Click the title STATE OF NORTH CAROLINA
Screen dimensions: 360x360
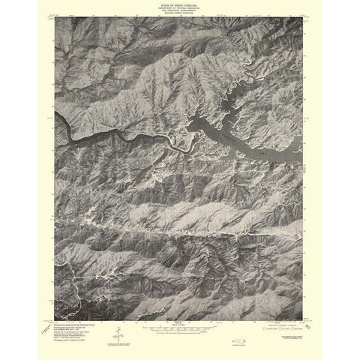[180, 5]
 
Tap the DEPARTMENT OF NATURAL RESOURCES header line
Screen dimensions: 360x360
[180, 10]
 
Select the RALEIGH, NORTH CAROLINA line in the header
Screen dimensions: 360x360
[180, 17]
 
